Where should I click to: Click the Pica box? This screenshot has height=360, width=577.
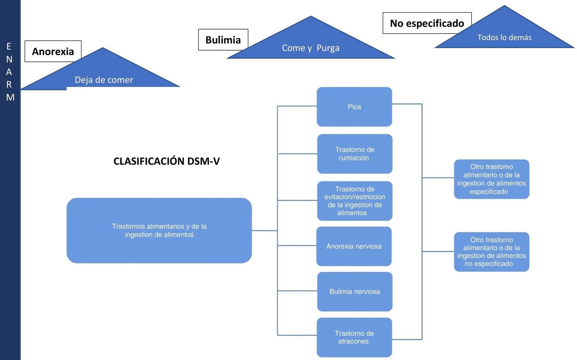354,107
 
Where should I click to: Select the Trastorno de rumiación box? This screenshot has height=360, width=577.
354,154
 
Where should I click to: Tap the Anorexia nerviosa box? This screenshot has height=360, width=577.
354,246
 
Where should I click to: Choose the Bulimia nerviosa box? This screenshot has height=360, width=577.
354,291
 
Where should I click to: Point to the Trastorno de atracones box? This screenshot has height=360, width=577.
354,337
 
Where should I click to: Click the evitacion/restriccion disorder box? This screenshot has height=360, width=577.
354,201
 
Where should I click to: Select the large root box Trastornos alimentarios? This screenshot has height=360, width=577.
159,230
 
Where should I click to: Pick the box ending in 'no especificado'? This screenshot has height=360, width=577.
491,252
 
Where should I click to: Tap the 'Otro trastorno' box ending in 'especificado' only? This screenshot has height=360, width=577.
491,179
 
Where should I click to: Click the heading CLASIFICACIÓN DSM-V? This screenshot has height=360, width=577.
167,161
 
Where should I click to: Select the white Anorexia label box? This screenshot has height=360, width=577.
53,51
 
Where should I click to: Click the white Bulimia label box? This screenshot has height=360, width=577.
223,40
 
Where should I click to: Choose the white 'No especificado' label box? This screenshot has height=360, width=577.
427,23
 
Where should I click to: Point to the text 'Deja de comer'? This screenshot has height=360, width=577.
104,80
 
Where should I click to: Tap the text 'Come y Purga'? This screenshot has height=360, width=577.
311,48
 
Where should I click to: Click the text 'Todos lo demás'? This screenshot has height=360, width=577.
504,37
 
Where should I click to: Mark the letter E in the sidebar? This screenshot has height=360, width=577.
9,47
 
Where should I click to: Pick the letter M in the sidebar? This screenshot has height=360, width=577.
10,97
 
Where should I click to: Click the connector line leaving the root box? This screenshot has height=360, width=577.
264,231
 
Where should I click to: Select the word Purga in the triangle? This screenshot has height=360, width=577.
328,48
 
